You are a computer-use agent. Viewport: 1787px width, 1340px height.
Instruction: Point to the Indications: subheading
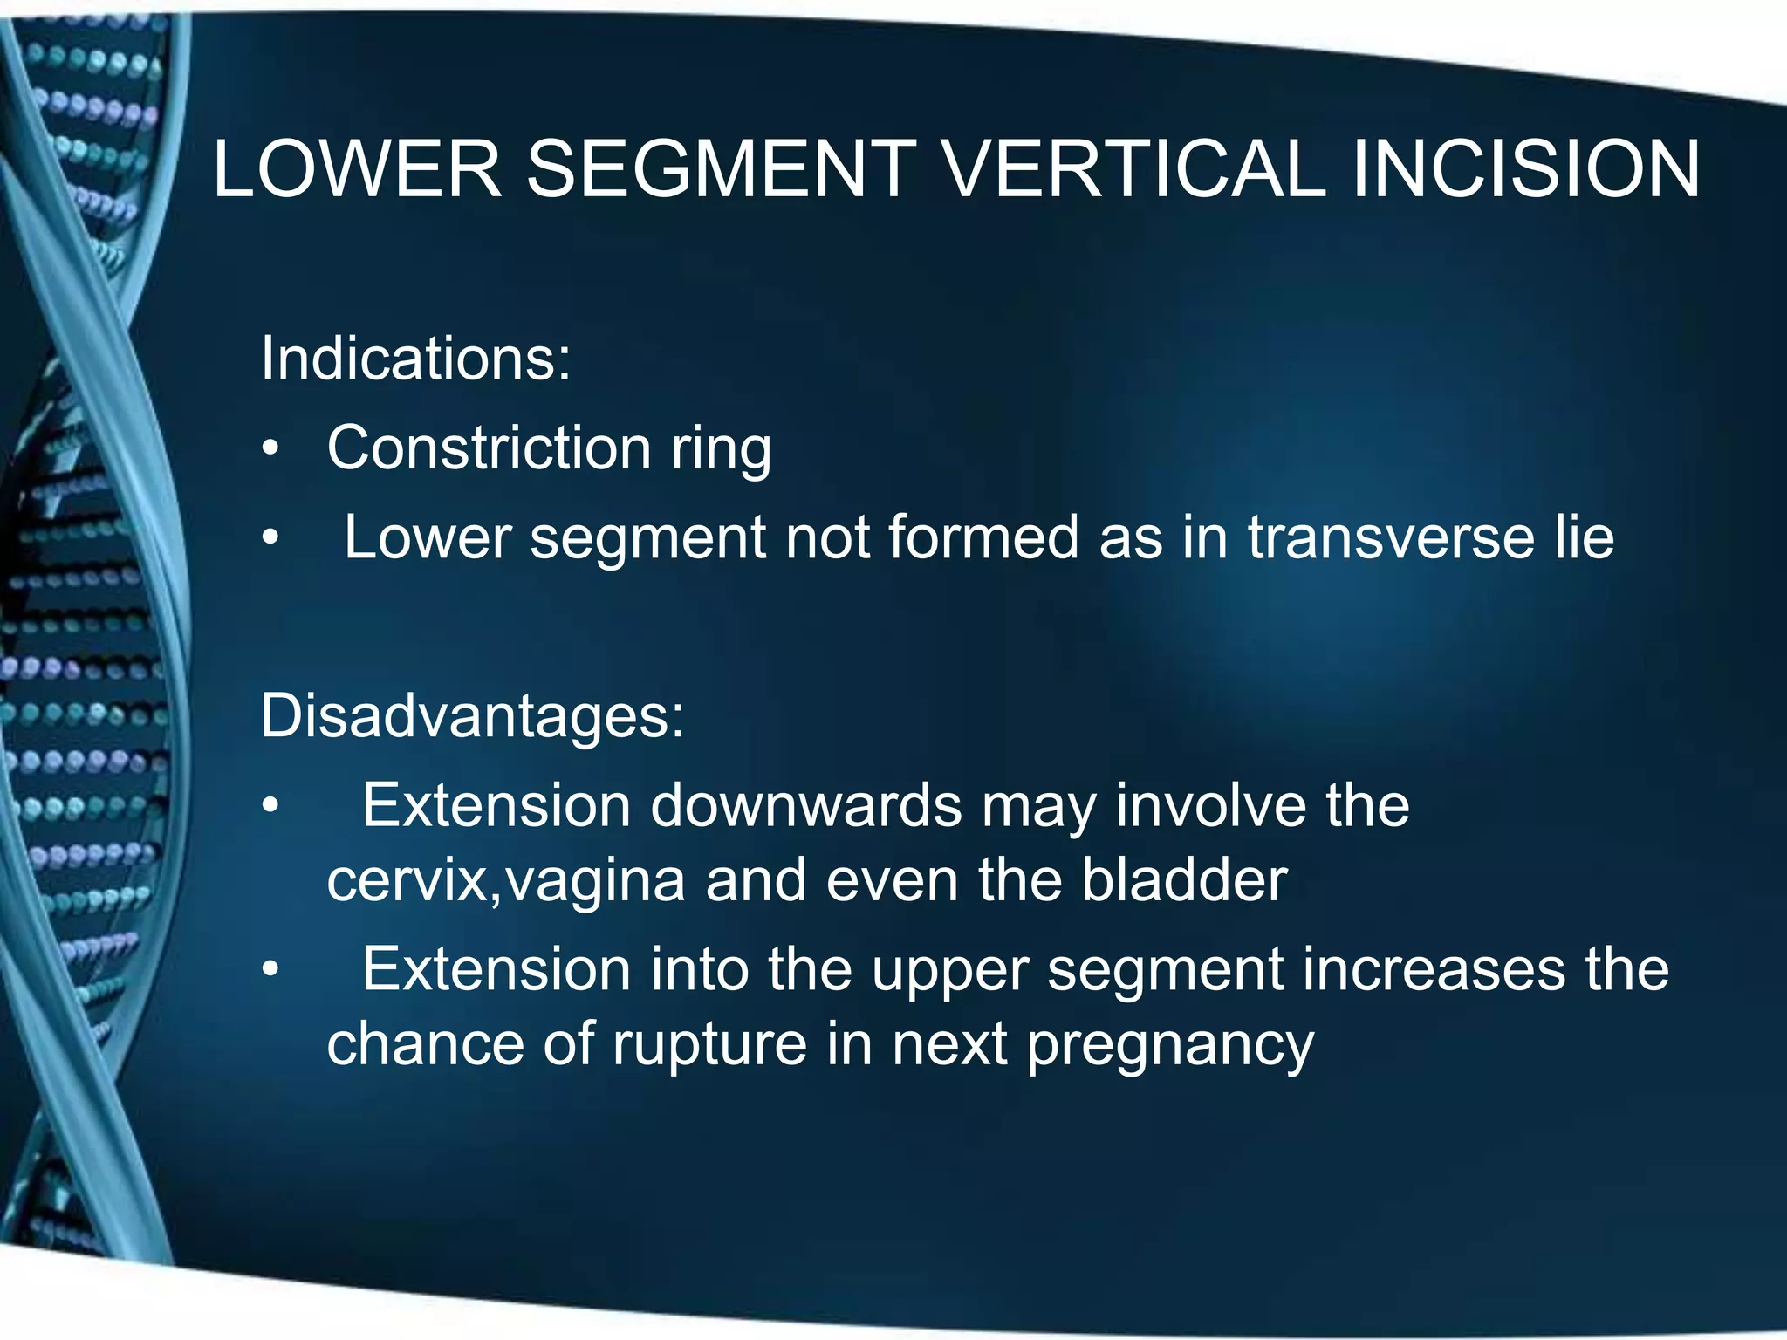pos(415,359)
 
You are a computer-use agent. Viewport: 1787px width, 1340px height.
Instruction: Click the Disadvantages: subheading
pos(472,715)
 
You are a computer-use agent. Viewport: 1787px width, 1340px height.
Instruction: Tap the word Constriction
pos(489,448)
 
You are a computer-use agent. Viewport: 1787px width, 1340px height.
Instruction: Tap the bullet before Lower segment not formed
pos(271,539)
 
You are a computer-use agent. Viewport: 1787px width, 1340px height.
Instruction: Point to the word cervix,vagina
pos(505,881)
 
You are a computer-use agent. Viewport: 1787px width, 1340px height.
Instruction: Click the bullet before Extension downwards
pos(271,807)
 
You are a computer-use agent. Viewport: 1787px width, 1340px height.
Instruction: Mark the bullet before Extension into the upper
pos(271,970)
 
